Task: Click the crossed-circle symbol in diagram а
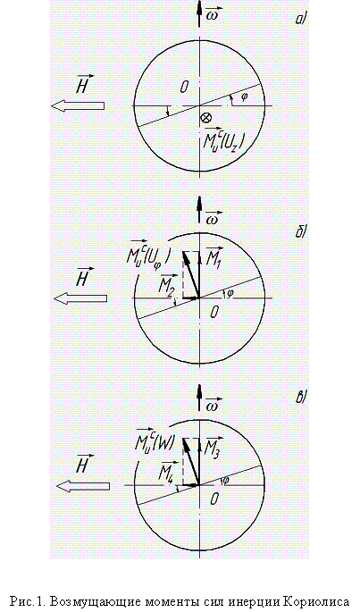pyautogui.click(x=205, y=118)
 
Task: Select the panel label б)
pyautogui.click(x=300, y=232)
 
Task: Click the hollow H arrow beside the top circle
pyautogui.click(x=78, y=105)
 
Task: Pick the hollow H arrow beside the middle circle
pyautogui.click(x=80, y=299)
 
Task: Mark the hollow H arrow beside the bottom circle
pyautogui.click(x=83, y=486)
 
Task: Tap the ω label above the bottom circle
pyautogui.click(x=213, y=405)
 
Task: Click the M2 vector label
pyautogui.click(x=168, y=284)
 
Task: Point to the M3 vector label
pyautogui.click(x=214, y=445)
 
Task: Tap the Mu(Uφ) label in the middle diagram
pyautogui.click(x=147, y=253)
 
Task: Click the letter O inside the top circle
pyautogui.click(x=184, y=87)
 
